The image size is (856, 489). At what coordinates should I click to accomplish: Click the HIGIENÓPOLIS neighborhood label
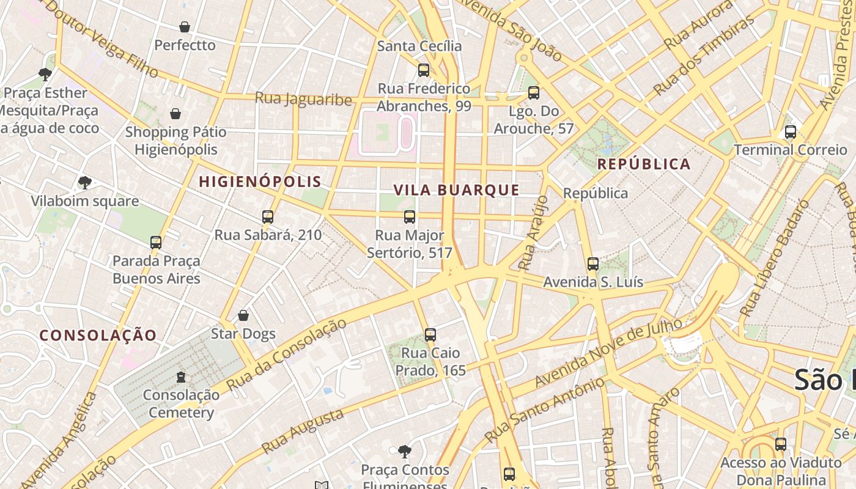coord(260,182)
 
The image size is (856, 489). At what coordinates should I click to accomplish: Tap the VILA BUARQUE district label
coord(457,190)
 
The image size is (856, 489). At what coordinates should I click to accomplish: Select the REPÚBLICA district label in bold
coord(644,164)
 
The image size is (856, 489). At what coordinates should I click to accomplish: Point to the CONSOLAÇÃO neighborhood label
coord(98,335)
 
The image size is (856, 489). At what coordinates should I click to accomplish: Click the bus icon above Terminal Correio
coord(791,132)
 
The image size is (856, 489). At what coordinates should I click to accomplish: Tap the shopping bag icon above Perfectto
coord(185,27)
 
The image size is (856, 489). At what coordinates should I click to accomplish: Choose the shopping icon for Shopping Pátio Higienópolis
coord(175,114)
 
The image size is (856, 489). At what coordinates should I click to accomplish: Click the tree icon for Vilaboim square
coord(85,183)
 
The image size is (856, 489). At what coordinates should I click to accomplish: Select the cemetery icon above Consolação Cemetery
coord(181,377)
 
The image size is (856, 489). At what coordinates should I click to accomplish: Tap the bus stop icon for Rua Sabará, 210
coord(268,217)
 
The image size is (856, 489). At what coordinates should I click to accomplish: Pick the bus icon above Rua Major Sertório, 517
coord(410,217)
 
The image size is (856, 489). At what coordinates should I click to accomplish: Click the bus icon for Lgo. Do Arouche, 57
coord(534,93)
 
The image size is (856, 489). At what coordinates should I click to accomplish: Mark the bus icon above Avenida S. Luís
coord(593,264)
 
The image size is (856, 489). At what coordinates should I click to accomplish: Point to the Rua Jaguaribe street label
coord(303,98)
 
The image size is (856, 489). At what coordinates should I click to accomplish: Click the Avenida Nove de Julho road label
coord(608,354)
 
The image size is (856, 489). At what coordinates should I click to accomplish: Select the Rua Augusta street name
coord(303,432)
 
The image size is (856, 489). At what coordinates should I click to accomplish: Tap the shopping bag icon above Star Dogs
coord(243,315)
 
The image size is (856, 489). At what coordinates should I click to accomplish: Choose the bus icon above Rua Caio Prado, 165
coord(430,335)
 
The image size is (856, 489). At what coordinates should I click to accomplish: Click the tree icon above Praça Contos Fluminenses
coord(404,452)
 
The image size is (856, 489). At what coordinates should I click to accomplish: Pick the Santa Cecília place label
coord(419,46)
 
